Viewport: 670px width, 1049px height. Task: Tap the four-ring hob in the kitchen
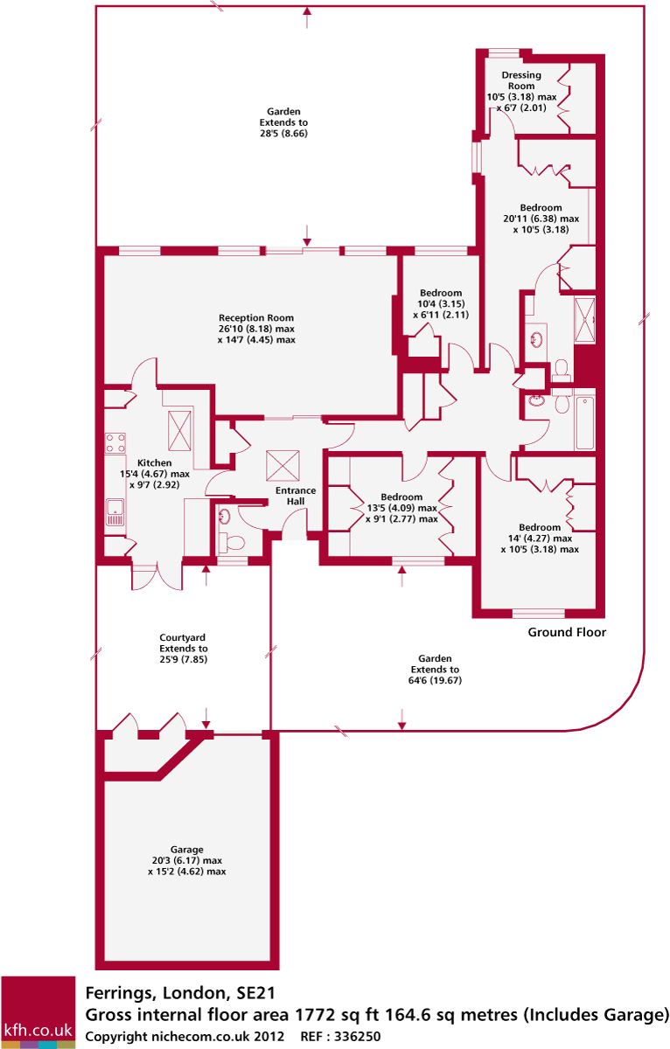point(115,442)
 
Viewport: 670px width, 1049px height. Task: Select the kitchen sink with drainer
point(115,511)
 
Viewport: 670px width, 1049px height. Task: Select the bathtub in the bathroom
point(585,423)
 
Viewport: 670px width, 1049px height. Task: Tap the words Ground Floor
point(567,632)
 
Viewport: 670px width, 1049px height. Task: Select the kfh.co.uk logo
point(38,1012)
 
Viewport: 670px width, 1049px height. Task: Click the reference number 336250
point(352,1037)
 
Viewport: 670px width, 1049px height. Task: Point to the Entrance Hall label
point(296,497)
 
